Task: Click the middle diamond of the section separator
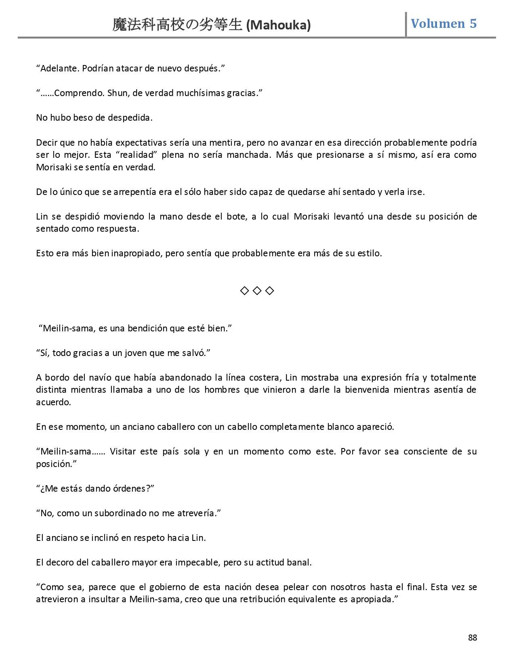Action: (257, 291)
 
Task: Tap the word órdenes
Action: (128, 488)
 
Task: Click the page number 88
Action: (472, 638)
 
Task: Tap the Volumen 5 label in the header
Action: (444, 24)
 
